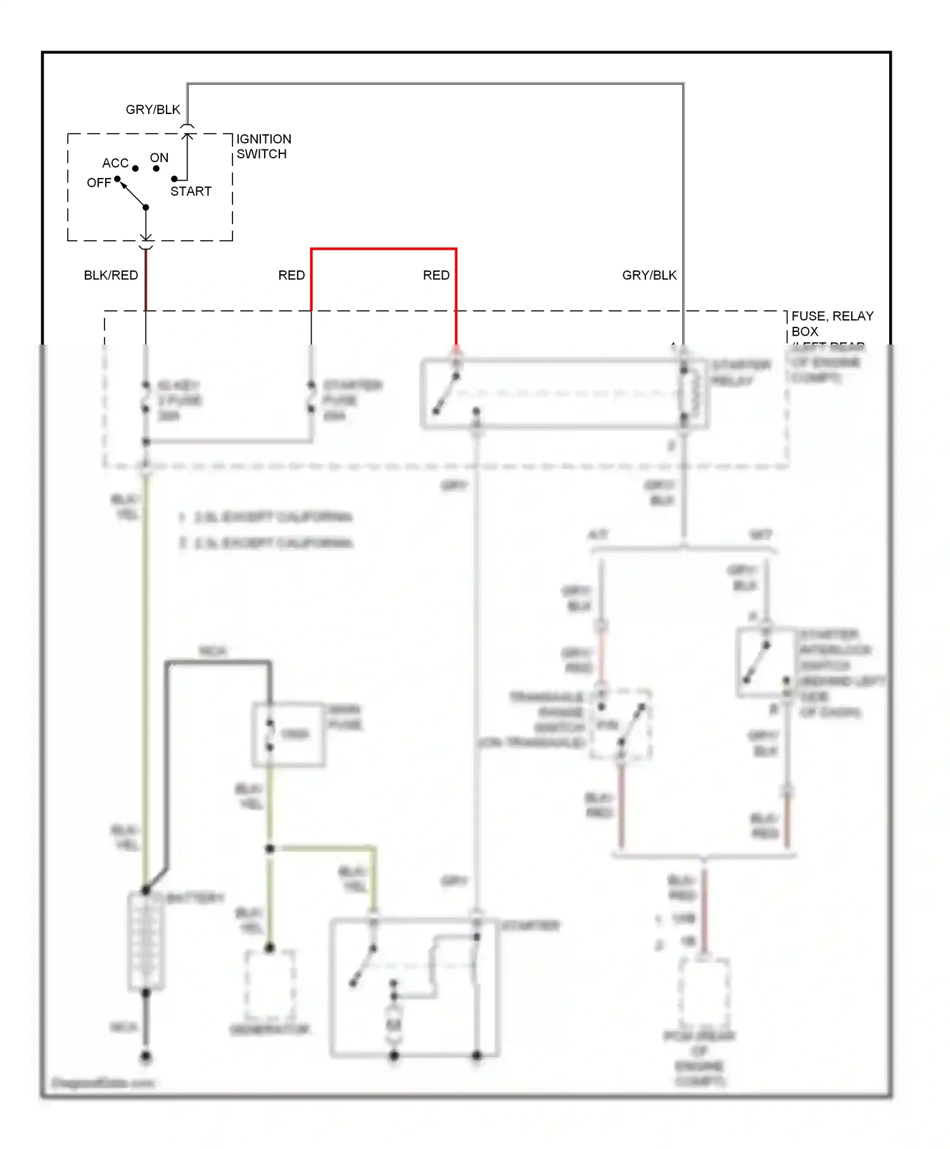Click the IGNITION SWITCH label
coord(263,146)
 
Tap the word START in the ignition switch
coord(191,191)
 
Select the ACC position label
coord(115,163)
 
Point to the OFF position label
coord(99,183)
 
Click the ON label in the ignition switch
coord(159,158)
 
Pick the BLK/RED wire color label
coord(111,276)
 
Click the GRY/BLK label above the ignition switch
coord(153,110)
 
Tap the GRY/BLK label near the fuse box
coord(649,276)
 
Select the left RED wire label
coord(291,276)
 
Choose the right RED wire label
coord(436,276)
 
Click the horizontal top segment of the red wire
coord(383,250)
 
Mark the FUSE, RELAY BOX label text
coord(832,324)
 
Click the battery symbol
coord(146,941)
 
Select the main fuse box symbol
coord(288,735)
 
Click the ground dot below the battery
coord(146,1057)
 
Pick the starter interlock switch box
coord(765,663)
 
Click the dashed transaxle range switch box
coord(620,724)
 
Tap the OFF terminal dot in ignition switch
coord(117,179)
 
